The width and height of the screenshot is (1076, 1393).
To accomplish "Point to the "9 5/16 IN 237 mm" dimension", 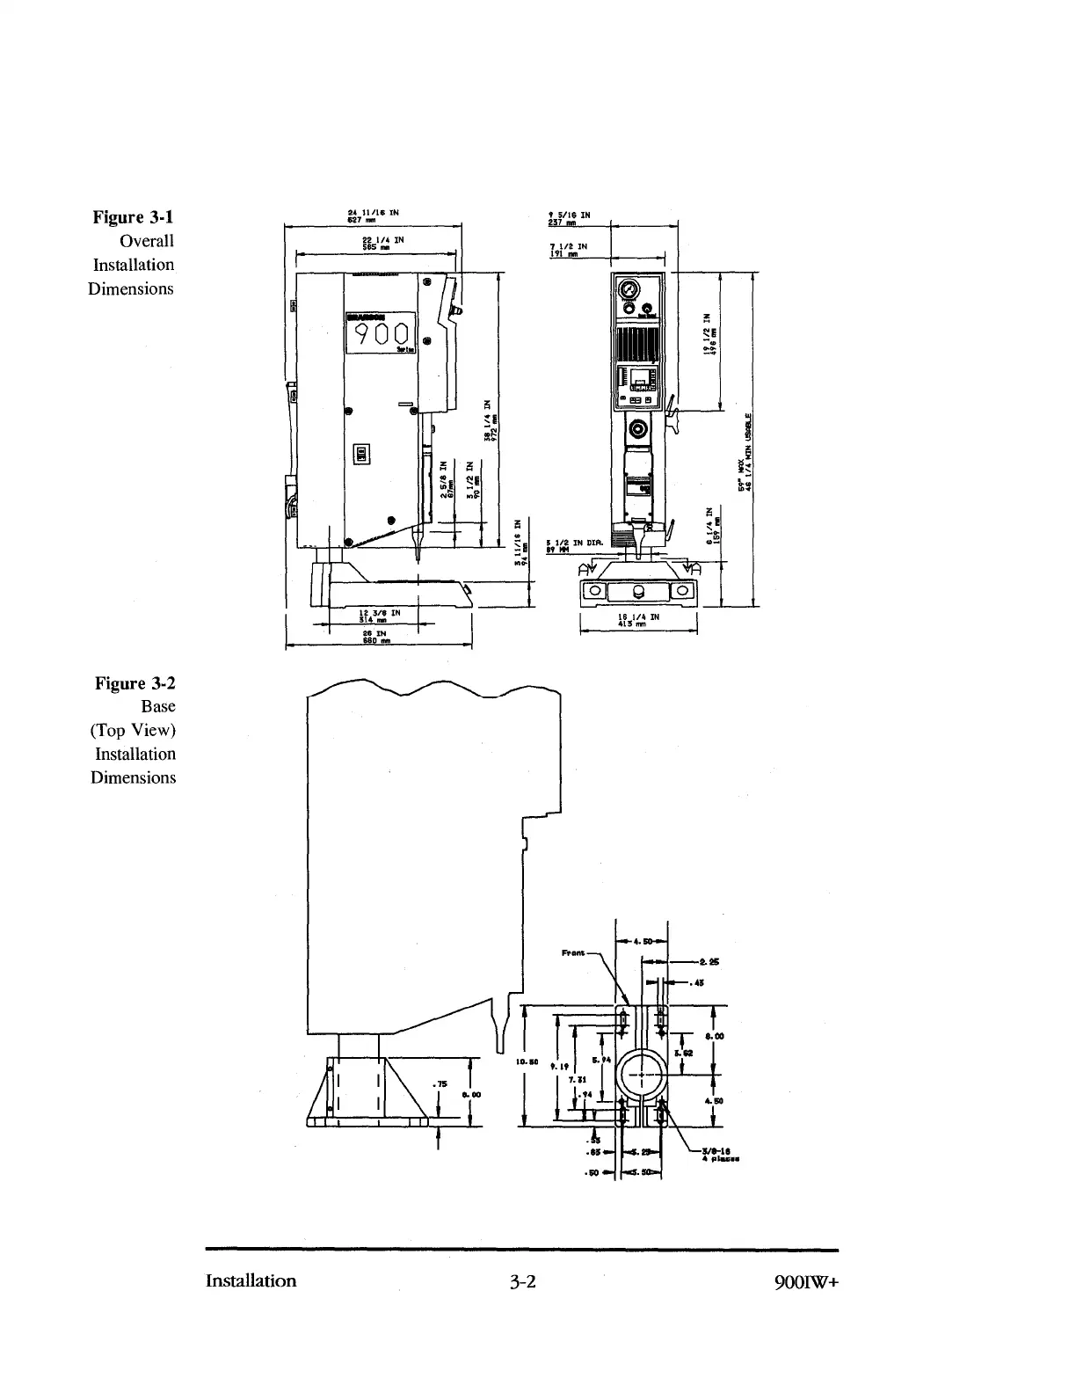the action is pyautogui.click(x=569, y=217).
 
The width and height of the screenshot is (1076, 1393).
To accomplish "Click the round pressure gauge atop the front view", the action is pyautogui.click(x=629, y=290).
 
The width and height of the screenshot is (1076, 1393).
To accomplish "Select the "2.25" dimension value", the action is pyautogui.click(x=709, y=961).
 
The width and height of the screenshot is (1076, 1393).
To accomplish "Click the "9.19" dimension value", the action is pyautogui.click(x=559, y=1066).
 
